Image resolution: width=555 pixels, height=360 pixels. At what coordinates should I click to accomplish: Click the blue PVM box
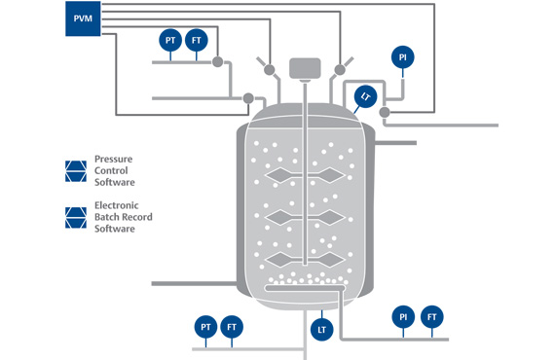point(83,18)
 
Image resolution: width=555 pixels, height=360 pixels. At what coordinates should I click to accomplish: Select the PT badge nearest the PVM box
point(170,40)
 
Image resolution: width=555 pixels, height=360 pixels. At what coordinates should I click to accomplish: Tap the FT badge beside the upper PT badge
point(197,40)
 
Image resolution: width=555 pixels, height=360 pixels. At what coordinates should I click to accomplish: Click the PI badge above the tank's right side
point(403,57)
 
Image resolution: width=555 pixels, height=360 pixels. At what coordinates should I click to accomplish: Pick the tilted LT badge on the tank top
point(366,96)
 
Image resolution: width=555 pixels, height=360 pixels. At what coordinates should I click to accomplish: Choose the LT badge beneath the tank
point(321,330)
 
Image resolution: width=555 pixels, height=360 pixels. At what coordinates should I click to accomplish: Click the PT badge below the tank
point(206,327)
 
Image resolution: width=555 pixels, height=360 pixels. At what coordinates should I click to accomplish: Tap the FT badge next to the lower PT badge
point(232,327)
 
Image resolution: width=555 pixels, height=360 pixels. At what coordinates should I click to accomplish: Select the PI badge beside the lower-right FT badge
point(403,317)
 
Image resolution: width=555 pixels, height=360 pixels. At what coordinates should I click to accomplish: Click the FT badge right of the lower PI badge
point(431,317)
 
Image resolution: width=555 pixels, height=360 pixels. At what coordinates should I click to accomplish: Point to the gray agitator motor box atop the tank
point(305,68)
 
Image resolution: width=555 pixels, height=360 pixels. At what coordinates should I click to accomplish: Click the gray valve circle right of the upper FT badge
point(218,62)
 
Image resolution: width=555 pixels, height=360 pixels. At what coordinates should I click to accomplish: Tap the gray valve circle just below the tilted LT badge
point(385,113)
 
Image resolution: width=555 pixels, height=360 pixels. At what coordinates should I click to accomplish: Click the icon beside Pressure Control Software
point(76,171)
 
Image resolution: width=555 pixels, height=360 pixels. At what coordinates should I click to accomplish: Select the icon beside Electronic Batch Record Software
point(76,218)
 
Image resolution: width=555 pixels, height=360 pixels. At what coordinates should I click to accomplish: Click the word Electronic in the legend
point(117,205)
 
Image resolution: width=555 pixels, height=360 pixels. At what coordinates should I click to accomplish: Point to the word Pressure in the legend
point(113,160)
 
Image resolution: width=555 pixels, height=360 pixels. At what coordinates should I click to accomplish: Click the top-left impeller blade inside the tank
point(280,175)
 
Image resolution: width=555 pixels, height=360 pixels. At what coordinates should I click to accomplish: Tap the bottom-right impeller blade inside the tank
point(329,261)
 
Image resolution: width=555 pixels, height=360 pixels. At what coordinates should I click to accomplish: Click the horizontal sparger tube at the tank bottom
point(305,288)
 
